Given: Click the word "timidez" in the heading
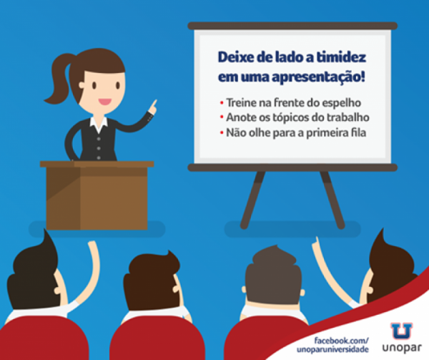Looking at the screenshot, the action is click(341, 57).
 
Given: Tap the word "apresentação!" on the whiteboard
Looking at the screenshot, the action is click(318, 77).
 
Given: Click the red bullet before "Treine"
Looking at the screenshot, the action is click(222, 103).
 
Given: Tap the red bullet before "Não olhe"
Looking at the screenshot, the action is click(222, 133).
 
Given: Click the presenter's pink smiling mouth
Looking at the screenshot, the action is click(105, 102).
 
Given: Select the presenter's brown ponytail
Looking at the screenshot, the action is click(59, 79).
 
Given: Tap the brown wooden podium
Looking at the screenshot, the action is click(97, 195).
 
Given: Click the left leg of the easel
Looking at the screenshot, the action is click(252, 200).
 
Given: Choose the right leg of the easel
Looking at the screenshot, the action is click(332, 200).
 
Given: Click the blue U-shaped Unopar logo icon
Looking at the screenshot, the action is click(401, 331).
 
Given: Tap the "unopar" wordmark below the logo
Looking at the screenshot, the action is click(402, 348).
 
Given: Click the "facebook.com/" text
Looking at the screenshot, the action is click(342, 341).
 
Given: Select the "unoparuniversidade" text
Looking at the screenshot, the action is click(332, 349).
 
